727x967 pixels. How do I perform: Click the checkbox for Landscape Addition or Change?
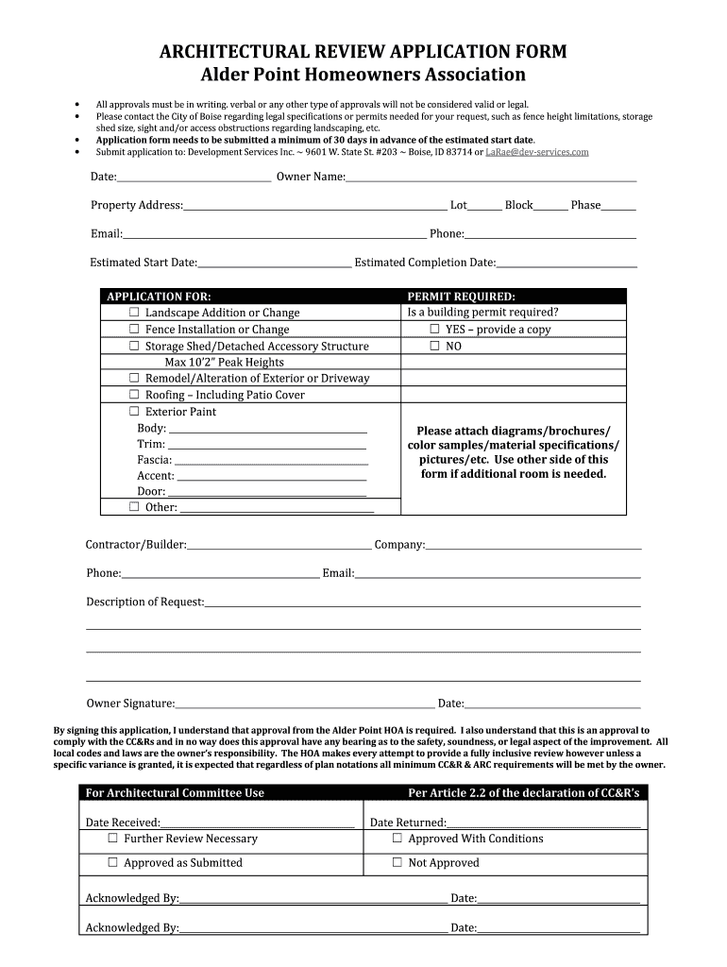[134, 313]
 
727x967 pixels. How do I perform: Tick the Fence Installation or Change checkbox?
[134, 330]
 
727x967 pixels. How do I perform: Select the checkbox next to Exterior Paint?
[134, 412]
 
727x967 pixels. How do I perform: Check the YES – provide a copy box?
[435, 330]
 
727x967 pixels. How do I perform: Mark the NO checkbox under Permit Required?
[435, 347]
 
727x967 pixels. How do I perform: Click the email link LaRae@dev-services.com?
[536, 152]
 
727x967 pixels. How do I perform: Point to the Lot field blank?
[484, 206]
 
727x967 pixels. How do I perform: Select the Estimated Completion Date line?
[566, 263]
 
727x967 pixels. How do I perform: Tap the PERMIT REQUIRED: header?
[461, 297]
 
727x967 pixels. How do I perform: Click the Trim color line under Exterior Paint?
[266, 445]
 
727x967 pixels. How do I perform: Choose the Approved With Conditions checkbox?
[397, 839]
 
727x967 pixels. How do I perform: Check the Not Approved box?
[397, 863]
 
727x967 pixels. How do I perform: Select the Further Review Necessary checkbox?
[112, 839]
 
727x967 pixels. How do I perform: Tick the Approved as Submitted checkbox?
[112, 863]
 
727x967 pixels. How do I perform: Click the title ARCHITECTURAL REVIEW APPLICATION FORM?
[363, 51]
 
